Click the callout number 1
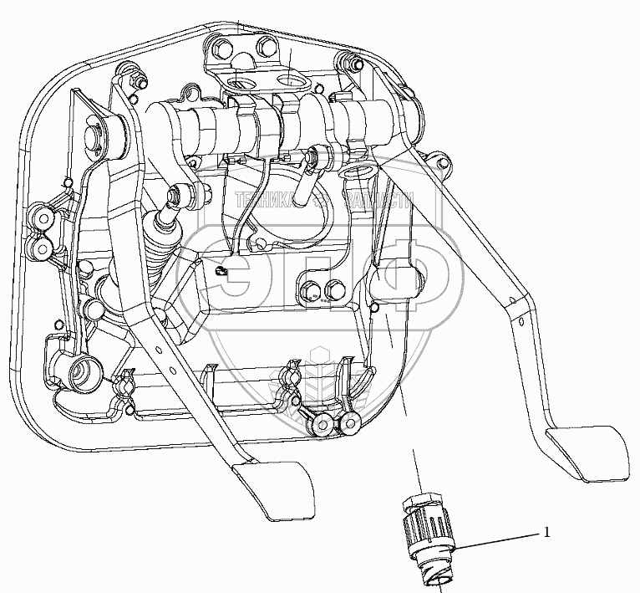(547, 532)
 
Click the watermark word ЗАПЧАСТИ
(379, 201)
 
